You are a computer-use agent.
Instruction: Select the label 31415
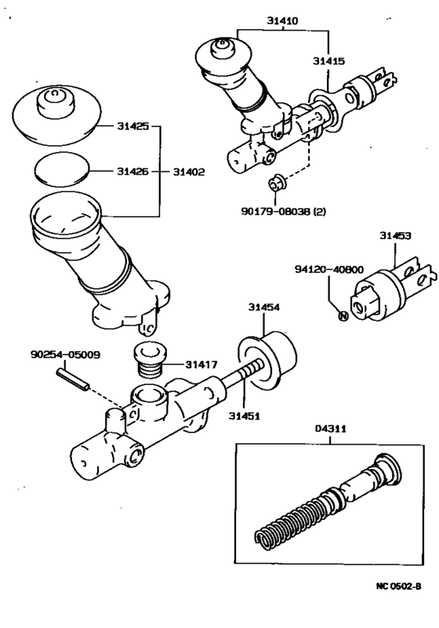pyautogui.click(x=328, y=60)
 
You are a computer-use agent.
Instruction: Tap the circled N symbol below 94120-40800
pyautogui.click(x=342, y=316)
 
